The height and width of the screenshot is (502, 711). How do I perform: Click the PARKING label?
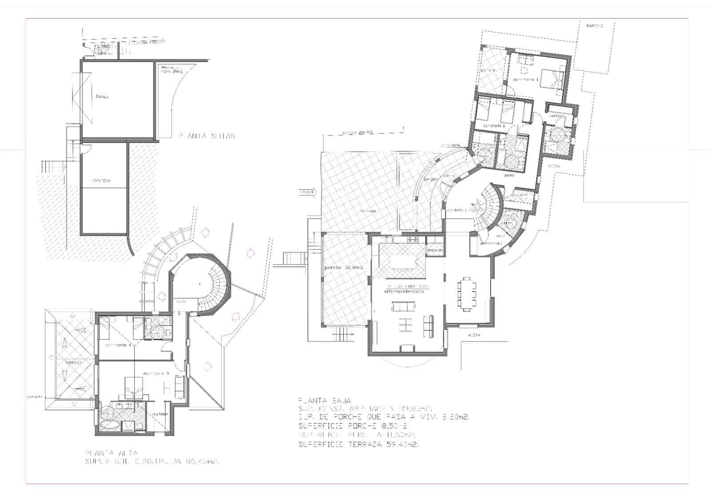pyautogui.click(x=594, y=26)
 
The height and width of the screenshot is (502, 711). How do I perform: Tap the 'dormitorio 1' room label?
pyautogui.click(x=525, y=79)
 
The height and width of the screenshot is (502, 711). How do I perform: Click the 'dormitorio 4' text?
pyautogui.click(x=118, y=345)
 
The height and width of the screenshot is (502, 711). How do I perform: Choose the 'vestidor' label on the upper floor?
pyautogui.click(x=159, y=414)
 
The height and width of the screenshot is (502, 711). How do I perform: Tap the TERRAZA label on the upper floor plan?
pyautogui.click(x=73, y=363)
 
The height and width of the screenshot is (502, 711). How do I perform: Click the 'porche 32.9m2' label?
pyautogui.click(x=344, y=268)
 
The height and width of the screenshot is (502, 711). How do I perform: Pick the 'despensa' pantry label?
pyautogui.click(x=435, y=250)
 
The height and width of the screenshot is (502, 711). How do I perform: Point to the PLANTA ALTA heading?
pyautogui.click(x=112, y=453)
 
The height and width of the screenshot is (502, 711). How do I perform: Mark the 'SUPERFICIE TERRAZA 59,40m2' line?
pyautogui.click(x=358, y=444)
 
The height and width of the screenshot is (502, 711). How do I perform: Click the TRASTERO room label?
pyautogui.click(x=101, y=181)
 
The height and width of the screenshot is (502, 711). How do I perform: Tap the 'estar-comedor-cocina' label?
pyautogui.click(x=404, y=292)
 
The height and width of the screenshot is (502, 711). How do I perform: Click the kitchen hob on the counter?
pyautogui.click(x=412, y=240)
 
